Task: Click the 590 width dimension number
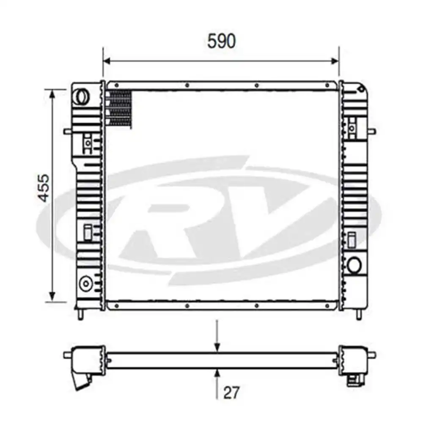click(x=222, y=41)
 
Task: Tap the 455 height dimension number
click(x=44, y=188)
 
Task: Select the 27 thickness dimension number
click(x=231, y=393)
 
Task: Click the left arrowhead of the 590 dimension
click(x=107, y=61)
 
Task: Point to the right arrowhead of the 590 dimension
click(x=335, y=61)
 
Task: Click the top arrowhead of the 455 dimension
click(x=52, y=93)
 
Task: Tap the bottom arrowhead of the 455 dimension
click(x=52, y=297)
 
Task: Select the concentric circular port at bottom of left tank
click(x=86, y=283)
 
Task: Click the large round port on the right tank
click(x=354, y=265)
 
